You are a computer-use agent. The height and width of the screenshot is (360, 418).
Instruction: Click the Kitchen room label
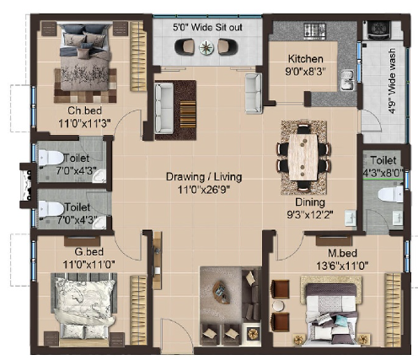click(305, 59)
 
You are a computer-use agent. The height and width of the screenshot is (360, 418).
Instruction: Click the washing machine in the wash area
click(378, 29)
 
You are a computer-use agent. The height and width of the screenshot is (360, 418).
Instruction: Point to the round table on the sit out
click(206, 47)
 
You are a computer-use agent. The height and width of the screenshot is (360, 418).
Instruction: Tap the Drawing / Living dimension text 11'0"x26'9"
click(204, 190)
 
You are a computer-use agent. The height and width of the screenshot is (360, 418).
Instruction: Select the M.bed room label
click(342, 253)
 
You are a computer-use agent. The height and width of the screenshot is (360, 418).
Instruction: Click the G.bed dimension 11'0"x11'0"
click(88, 264)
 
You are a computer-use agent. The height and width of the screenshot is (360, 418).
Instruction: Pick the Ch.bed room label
click(84, 110)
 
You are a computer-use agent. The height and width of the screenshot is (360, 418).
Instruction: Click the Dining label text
click(310, 202)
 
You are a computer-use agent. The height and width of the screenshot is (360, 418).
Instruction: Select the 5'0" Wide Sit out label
click(207, 27)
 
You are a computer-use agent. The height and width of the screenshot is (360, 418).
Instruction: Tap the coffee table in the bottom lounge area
click(219, 291)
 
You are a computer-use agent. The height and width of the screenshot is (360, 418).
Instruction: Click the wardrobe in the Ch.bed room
click(138, 56)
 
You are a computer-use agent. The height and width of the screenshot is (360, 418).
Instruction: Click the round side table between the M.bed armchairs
click(279, 306)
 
